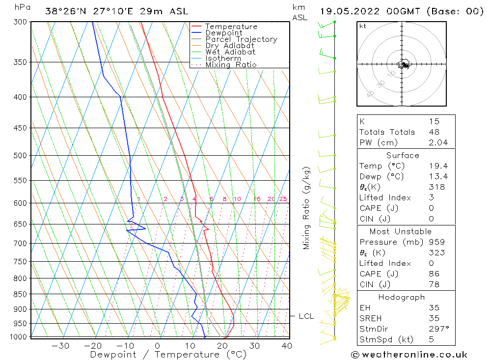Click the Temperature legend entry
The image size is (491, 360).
[231, 27]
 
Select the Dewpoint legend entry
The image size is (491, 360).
[223, 33]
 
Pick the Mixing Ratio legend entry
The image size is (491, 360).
[231, 64]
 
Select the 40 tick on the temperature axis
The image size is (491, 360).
[287, 346]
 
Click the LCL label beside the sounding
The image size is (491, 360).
[306, 316]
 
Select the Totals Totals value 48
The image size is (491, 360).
[434, 132]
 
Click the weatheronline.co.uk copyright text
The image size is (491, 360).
[409, 354]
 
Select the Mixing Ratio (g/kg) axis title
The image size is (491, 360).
[307, 208]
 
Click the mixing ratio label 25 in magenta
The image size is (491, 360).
[283, 199]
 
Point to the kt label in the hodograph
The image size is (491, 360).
[363, 26]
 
